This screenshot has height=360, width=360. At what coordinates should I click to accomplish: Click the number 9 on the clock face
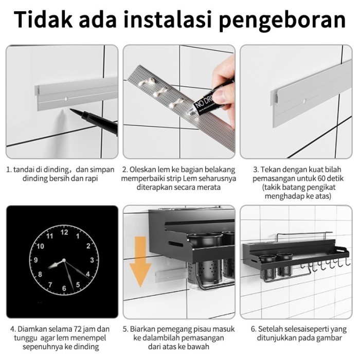point(35,260)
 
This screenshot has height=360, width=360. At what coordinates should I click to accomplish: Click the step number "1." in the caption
point(9,169)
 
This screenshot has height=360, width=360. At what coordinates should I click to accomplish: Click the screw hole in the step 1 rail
point(66,96)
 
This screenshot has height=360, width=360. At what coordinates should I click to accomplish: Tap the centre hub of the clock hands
point(64,261)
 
